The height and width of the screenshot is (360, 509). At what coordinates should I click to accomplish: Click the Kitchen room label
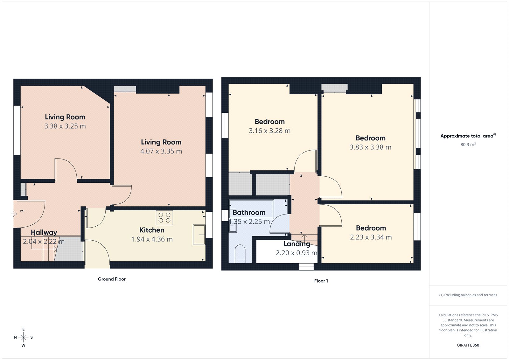tap(152, 230)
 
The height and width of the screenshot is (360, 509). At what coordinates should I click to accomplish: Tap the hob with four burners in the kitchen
tap(164, 218)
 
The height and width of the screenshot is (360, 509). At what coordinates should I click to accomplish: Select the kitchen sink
tap(199, 235)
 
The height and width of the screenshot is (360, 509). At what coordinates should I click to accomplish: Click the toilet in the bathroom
tap(240, 254)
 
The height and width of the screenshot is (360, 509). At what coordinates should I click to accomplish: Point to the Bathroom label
tap(249, 213)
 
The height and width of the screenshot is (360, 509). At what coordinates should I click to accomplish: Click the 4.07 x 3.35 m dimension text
tap(161, 152)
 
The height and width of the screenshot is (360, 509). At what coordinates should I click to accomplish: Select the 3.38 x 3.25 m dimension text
tap(65, 126)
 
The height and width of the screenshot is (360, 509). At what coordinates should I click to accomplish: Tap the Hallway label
tap(44, 233)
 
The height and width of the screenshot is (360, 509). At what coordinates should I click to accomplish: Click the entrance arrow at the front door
tap(13, 214)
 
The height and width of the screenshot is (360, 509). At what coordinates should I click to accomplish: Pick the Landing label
tap(296, 244)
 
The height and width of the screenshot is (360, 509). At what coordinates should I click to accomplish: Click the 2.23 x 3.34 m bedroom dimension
tap(371, 237)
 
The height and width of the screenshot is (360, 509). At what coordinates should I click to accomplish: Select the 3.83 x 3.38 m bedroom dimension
tap(370, 147)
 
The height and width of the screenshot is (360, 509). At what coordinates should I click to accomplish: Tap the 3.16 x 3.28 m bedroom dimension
tap(269, 131)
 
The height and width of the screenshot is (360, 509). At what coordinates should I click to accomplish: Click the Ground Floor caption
tap(112, 279)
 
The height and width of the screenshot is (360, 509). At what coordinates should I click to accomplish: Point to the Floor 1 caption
tap(321, 281)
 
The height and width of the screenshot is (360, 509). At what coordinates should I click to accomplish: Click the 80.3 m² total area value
tap(468, 145)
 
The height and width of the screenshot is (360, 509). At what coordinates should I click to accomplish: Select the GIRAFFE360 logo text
tap(468, 345)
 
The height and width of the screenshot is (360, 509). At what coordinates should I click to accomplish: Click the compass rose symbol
tap(23, 337)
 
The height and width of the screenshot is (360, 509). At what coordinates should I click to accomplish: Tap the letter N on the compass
tap(15, 337)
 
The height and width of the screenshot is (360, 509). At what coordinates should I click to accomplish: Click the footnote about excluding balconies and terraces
tap(468, 295)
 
